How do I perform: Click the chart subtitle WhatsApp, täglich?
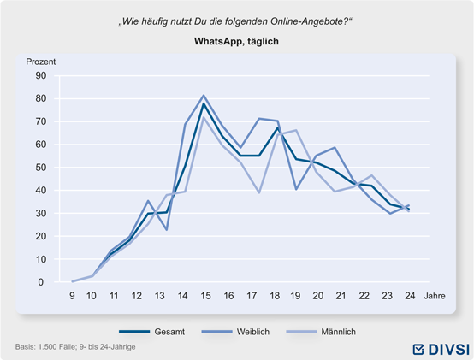pyautogui.click(x=236, y=41)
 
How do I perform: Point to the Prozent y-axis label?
pyautogui.click(x=41, y=62)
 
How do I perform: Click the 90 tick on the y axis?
pyautogui.click(x=41, y=75)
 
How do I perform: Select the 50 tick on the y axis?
pyautogui.click(x=41, y=168)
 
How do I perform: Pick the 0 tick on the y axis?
pyautogui.click(x=41, y=282)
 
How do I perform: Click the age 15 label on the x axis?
pyautogui.click(x=205, y=296)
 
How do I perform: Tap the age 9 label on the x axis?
pyautogui.click(x=72, y=296)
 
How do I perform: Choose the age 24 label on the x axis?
pyautogui.click(x=410, y=296)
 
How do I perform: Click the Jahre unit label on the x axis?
pyautogui.click(x=435, y=296)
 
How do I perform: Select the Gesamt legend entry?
pyautogui.click(x=152, y=332)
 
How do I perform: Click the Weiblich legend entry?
pyautogui.click(x=235, y=332)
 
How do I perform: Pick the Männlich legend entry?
pyautogui.click(x=321, y=332)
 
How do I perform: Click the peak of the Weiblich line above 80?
pyautogui.click(x=204, y=96)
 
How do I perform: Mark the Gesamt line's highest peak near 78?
pyautogui.click(x=204, y=103)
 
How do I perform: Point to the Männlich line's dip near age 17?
pyautogui.click(x=259, y=192)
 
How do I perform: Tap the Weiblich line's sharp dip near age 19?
pyautogui.click(x=296, y=189)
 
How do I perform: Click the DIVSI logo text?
pyautogui.click(x=449, y=350)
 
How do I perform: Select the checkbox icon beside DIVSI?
pyautogui.click(x=418, y=350)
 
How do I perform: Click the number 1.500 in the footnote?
pyautogui.click(x=47, y=346)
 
